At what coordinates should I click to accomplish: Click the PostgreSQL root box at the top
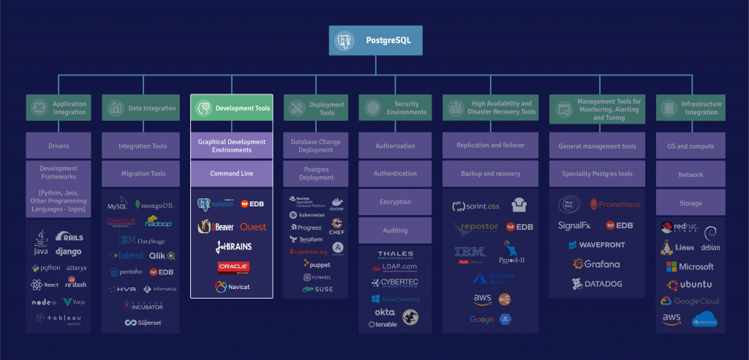coord(375,41)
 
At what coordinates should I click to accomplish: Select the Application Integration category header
coord(59,108)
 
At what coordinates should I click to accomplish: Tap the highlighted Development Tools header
coord(232,108)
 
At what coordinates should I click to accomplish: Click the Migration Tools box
coord(143,174)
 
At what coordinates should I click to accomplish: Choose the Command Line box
coord(232,173)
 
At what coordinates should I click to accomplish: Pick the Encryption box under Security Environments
coord(395,202)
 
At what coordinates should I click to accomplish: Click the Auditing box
coord(395,230)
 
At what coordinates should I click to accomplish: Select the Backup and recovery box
coord(490,174)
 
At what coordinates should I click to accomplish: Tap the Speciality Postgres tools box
coord(597,174)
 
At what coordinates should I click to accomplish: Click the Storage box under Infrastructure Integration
coord(690,203)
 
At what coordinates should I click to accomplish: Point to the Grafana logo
coord(596,264)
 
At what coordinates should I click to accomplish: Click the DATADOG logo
coord(596,283)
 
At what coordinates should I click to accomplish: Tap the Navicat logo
coord(232,287)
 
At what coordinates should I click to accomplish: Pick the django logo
coord(68,252)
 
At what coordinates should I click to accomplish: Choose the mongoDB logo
coord(154,206)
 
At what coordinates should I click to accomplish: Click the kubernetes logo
coord(307,215)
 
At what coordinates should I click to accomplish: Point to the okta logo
coord(385,312)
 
